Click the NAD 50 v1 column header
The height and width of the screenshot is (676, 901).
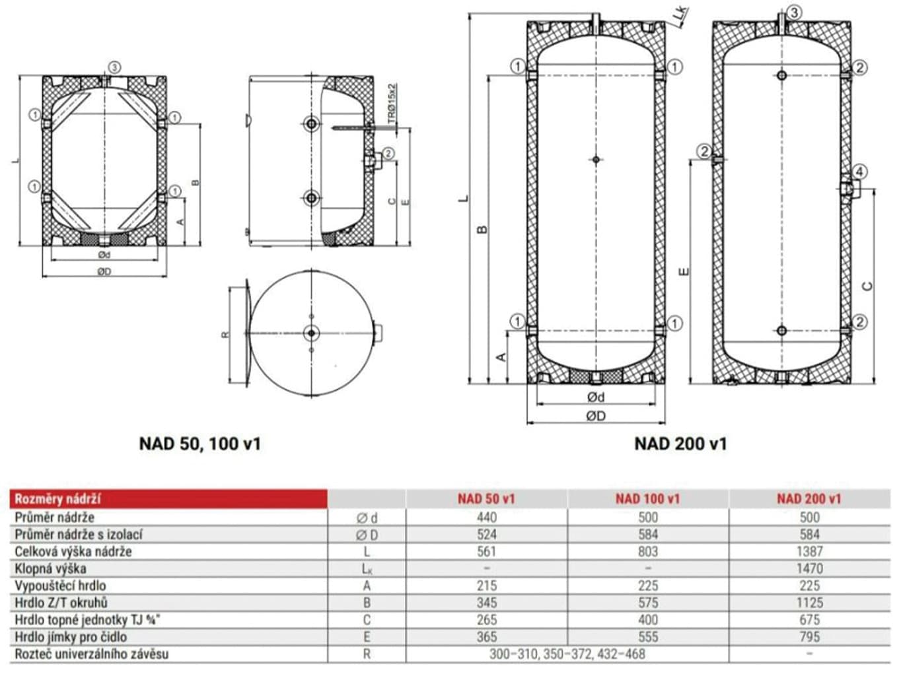pos(486,499)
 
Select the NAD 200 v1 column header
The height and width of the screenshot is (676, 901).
pos(809,499)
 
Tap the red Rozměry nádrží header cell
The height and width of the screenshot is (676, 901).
pos(168,499)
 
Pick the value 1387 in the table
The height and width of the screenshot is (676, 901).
pos(809,551)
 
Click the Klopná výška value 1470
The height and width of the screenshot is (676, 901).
pos(809,568)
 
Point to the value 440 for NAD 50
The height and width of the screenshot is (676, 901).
pos(486,518)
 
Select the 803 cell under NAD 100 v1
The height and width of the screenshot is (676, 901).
pos(648,551)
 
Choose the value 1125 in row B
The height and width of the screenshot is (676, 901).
pos(809,603)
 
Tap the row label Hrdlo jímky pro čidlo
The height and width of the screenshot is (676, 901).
pos(71,637)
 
